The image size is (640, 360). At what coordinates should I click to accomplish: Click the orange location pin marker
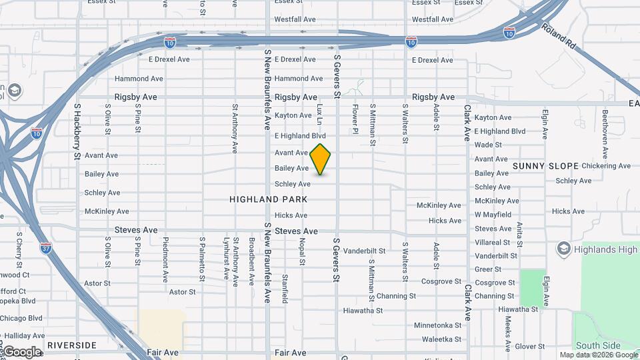(321, 159)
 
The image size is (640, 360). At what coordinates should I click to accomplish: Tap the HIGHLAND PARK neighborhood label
(269, 199)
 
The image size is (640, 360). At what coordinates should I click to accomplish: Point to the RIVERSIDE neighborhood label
(71, 345)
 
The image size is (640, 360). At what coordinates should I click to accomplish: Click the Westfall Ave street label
(295, 19)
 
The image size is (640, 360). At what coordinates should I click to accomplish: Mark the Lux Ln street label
(319, 114)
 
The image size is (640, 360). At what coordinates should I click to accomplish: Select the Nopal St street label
(302, 252)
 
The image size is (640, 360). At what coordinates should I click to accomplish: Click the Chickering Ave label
(606, 166)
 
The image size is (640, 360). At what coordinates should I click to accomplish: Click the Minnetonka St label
(438, 325)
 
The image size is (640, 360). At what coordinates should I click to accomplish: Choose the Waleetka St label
(443, 339)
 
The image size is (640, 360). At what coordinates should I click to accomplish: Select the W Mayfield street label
(493, 215)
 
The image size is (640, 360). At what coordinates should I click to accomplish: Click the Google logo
(22, 352)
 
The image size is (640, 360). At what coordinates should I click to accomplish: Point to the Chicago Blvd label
(21, 319)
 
